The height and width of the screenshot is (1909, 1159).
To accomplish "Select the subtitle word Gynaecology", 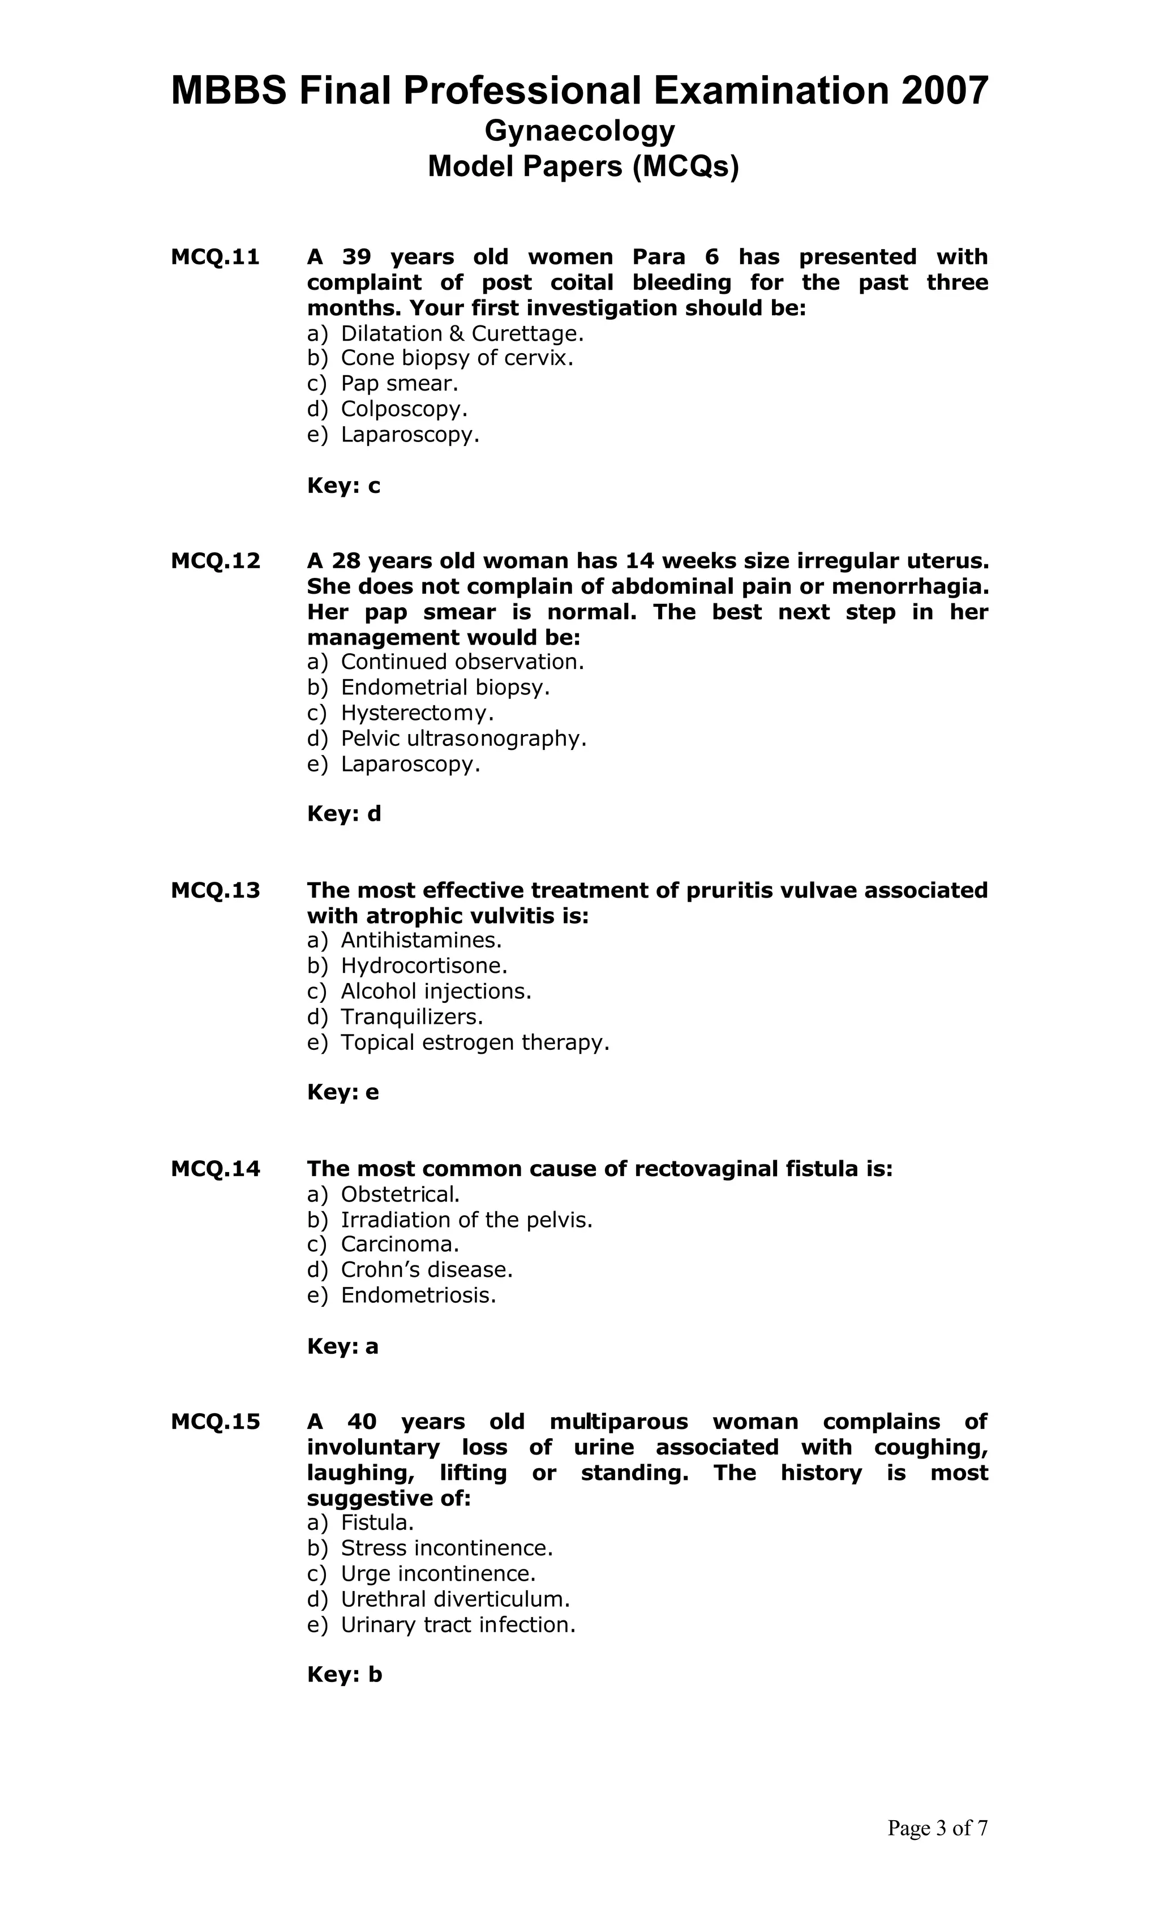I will [579, 130].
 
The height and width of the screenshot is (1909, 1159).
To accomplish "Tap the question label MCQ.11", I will [216, 256].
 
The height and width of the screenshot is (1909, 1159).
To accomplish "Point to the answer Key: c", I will [343, 486].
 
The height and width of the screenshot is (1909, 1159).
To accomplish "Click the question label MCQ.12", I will [216, 560].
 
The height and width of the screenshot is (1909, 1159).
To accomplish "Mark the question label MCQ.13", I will [216, 890].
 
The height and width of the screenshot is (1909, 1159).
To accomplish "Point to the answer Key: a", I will [342, 1346].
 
